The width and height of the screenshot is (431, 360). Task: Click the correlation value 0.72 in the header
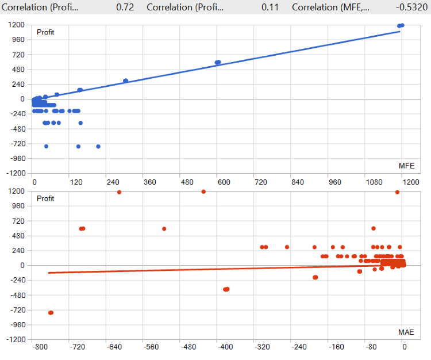(x=125, y=7)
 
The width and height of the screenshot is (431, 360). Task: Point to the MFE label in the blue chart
(x=406, y=166)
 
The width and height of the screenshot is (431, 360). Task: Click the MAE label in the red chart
(x=406, y=332)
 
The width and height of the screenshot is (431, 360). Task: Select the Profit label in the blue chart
(x=45, y=32)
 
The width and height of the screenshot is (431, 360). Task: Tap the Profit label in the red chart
(x=45, y=198)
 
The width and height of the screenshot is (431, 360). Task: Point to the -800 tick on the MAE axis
(x=40, y=348)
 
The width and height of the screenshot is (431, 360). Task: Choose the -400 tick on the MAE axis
(x=225, y=348)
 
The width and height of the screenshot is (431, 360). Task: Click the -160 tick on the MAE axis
(x=336, y=348)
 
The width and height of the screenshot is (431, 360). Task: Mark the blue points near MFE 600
(x=218, y=62)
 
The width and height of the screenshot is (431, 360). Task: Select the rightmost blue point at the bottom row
(x=98, y=146)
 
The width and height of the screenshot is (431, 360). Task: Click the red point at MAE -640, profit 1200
(x=119, y=192)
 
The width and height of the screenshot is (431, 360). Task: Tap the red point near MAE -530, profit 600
(x=164, y=229)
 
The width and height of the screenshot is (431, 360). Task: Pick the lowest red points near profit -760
(x=51, y=312)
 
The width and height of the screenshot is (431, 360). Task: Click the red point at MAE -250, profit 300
(x=287, y=247)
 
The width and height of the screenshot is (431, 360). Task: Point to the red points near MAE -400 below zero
(x=226, y=289)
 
